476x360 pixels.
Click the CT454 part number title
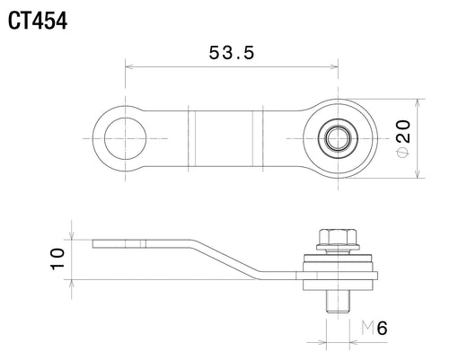coord(38,21)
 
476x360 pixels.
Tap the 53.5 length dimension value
coord(232,52)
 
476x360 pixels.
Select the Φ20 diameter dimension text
coord(403,139)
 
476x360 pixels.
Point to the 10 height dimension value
coord(57,259)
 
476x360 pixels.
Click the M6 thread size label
coord(375,328)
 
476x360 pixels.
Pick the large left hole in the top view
coord(125,138)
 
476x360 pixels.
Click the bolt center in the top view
coord(338,139)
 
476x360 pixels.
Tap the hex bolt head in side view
coord(338,239)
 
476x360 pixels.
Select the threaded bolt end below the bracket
coord(338,302)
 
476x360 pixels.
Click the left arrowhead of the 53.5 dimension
coord(129,66)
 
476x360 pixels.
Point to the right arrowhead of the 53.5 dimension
coord(334,66)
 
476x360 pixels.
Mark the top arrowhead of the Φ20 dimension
coord(418,103)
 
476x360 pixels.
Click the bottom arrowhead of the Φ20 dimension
coord(418,173)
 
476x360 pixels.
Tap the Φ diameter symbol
coord(403,153)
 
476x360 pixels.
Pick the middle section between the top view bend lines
coord(224,139)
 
